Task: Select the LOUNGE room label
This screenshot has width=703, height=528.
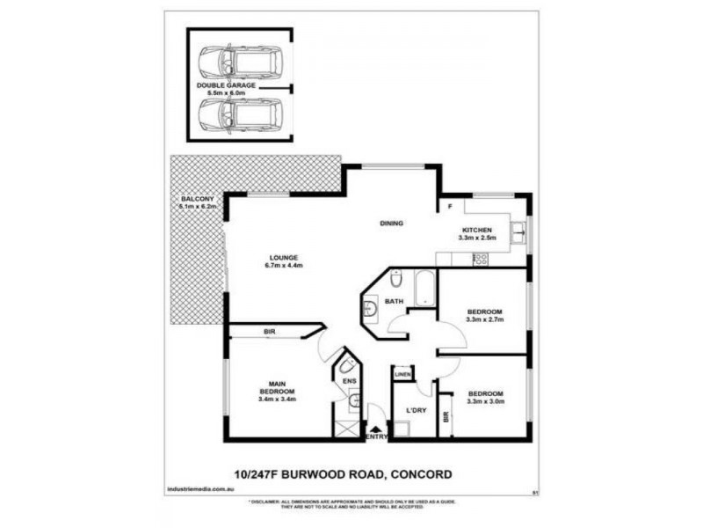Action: point(284,257)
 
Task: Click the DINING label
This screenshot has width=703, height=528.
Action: point(391,224)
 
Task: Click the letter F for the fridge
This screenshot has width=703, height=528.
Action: point(450,207)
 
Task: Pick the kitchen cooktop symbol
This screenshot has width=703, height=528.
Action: point(481,259)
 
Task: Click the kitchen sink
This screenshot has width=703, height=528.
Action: point(519,232)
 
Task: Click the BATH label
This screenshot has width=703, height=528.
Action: point(394,302)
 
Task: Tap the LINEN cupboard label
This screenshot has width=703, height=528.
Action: point(402,375)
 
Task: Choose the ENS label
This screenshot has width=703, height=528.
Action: point(348,380)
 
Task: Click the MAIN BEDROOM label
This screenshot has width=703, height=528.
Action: point(277,388)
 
